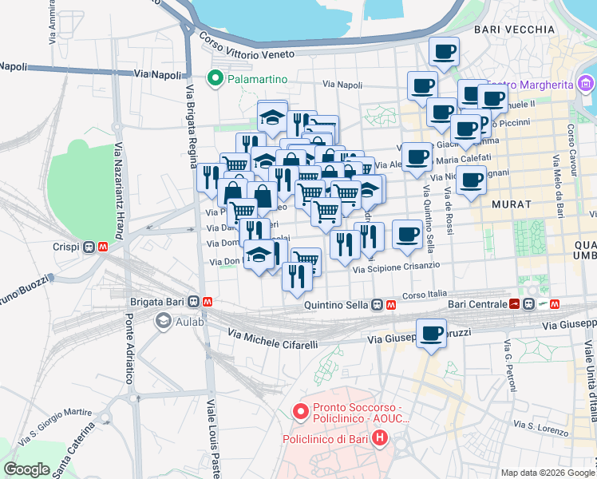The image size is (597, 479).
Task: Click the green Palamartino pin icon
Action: (214, 78)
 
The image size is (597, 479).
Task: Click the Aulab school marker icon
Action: (164, 321)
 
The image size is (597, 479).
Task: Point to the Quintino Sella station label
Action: (338, 305)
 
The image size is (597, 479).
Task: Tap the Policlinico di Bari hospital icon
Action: (379, 438)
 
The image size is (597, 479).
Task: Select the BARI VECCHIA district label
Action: (514, 30)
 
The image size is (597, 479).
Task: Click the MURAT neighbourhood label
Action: (512, 204)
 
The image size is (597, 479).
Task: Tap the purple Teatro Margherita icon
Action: (587, 84)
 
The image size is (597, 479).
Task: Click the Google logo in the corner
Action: (26, 469)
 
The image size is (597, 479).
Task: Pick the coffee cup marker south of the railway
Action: (432, 333)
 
